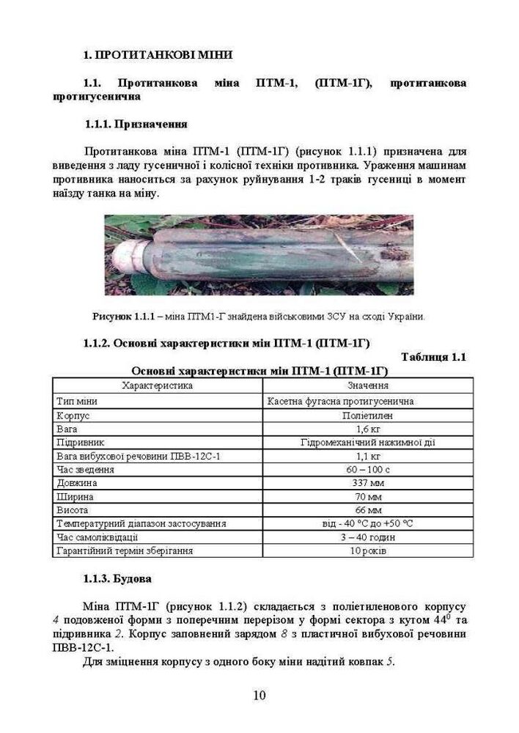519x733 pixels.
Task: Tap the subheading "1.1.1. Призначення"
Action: click(136, 124)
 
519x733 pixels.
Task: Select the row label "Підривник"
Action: click(80, 443)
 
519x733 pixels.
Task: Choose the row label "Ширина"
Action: click(74, 496)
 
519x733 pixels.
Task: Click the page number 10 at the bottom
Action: click(259, 696)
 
